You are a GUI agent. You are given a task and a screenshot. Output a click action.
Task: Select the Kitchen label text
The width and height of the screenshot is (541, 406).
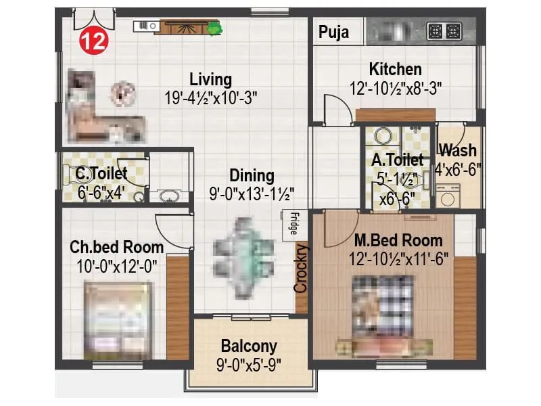click(395, 69)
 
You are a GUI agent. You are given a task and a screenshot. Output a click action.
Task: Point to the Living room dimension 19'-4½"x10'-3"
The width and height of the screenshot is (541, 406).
click(210, 97)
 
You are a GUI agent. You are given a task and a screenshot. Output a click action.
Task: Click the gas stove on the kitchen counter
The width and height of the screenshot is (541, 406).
click(444, 31)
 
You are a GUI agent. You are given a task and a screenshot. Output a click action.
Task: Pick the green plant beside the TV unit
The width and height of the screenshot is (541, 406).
click(215, 28)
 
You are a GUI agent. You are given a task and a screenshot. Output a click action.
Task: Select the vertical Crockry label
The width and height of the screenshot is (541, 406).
click(301, 269)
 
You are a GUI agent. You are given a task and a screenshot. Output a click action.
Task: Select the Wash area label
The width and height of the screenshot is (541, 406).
click(458, 150)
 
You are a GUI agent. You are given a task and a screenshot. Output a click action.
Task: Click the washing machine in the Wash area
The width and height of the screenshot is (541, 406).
click(447, 196)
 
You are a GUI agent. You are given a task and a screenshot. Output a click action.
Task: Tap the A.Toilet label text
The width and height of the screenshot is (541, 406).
click(397, 160)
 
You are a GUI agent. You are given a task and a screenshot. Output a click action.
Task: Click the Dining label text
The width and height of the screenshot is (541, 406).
click(251, 176)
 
